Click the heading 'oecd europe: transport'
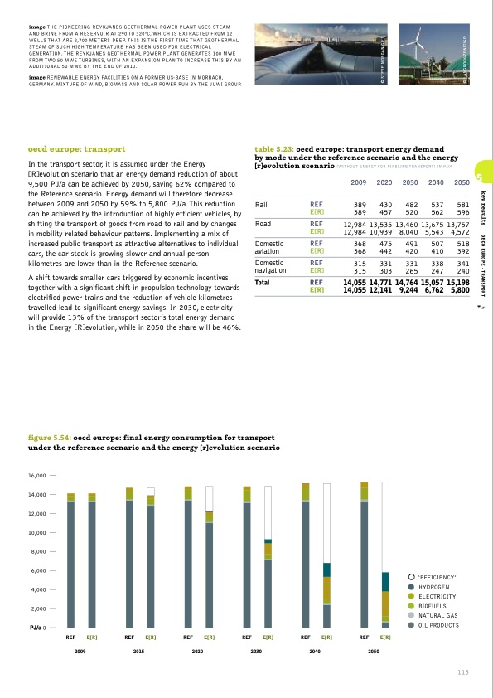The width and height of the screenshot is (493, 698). click(x=76, y=150)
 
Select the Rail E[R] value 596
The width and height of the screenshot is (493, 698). click(x=459, y=211)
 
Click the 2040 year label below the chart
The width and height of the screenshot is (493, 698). click(x=315, y=652)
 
